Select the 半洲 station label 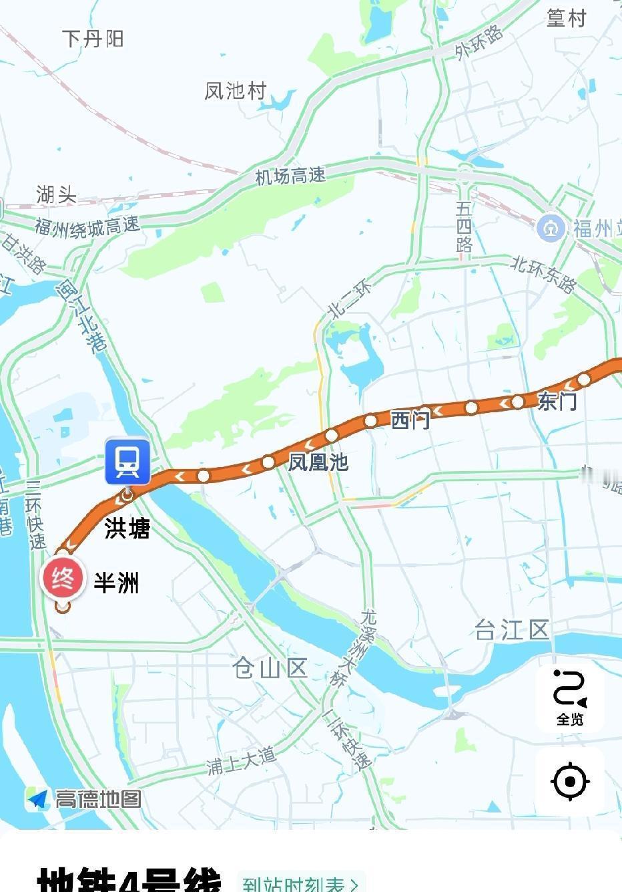(x=116, y=583)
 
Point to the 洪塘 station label (x=127, y=529)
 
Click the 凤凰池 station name (x=318, y=462)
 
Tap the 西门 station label (x=410, y=420)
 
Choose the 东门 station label (x=557, y=401)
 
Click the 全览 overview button (x=570, y=698)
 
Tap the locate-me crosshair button (x=570, y=781)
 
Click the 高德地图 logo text (x=97, y=798)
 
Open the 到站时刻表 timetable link (x=301, y=884)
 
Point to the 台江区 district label (x=512, y=629)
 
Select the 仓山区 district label (x=270, y=667)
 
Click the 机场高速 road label (x=291, y=176)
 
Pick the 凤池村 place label (x=236, y=90)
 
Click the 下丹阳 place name (x=93, y=39)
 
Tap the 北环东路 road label (x=543, y=274)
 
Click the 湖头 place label (x=57, y=194)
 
